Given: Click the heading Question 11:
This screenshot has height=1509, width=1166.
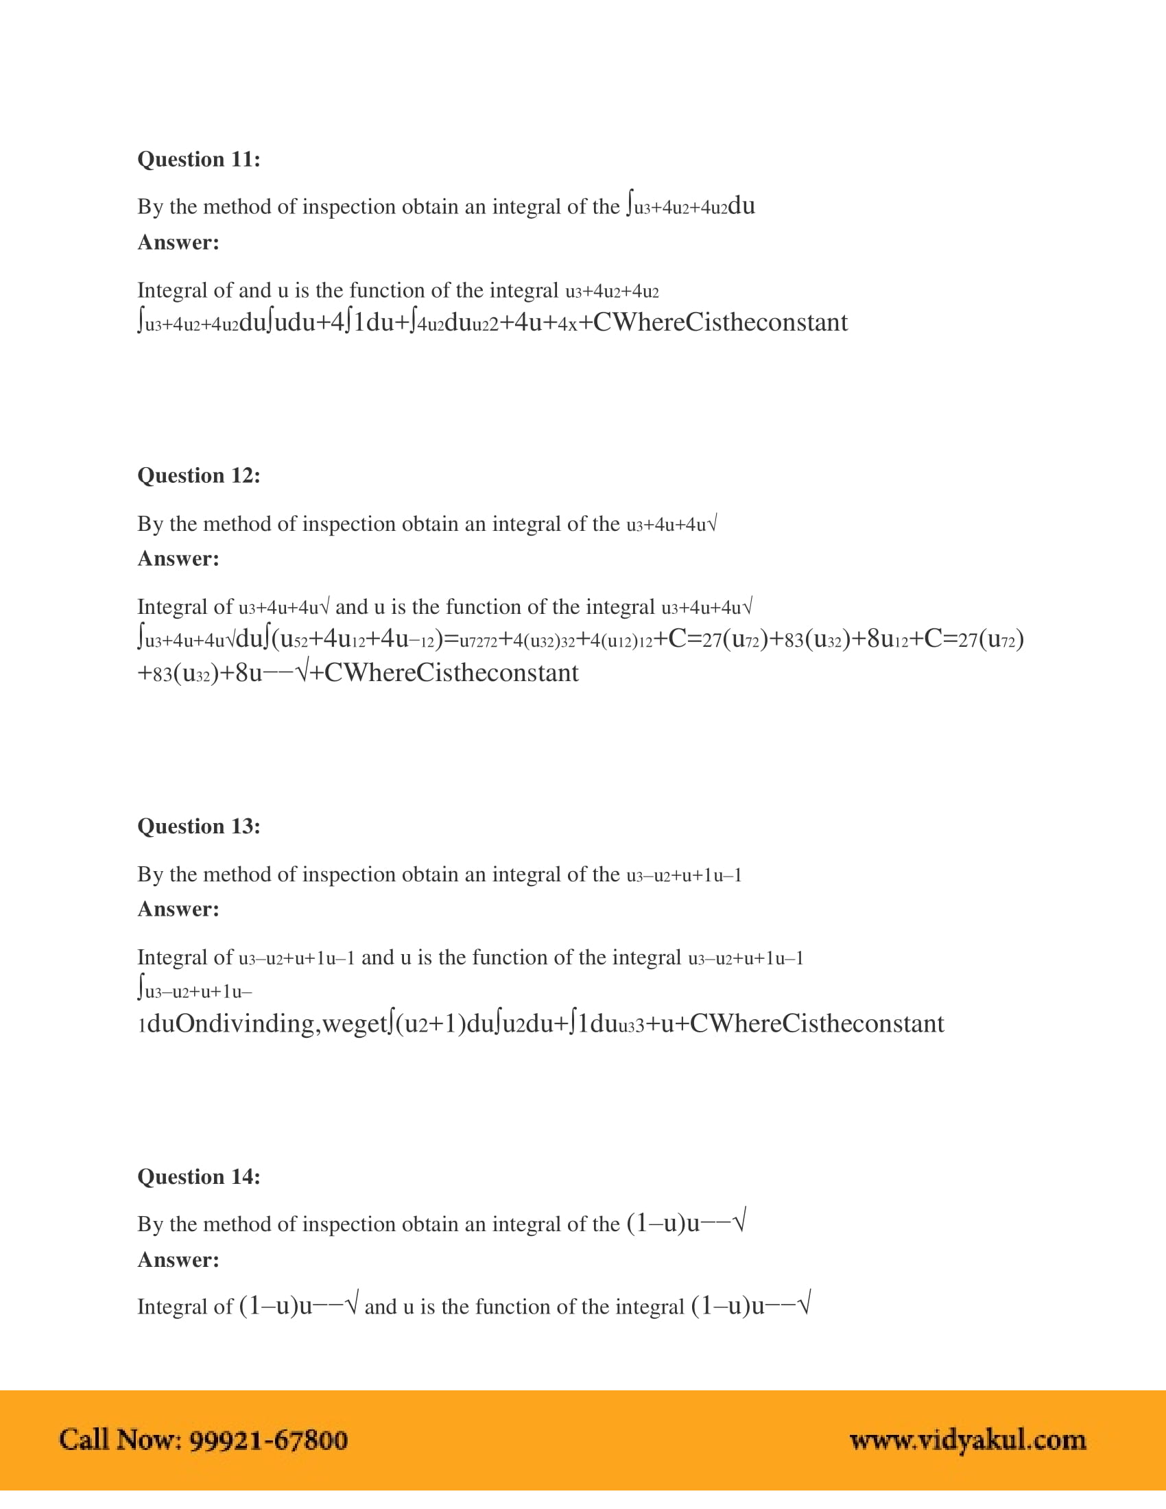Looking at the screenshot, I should pos(199,160).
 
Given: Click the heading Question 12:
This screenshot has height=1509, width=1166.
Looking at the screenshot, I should pos(199,475).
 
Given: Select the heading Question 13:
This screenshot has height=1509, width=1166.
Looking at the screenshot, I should pos(199,826).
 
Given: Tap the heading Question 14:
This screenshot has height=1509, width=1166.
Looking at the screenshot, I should pos(199,1176).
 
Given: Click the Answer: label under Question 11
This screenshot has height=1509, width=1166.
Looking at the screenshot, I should pos(178,243).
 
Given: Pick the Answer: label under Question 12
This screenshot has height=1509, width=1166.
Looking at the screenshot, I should pos(178,558).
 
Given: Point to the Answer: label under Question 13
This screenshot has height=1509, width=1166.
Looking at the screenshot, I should pos(178,909).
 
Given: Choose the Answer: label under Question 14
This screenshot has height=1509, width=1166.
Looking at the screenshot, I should pos(178,1259).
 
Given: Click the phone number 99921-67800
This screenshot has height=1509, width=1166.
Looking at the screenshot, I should pos(268,1440).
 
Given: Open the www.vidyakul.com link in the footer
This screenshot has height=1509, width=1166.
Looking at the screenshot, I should pos(968,1440).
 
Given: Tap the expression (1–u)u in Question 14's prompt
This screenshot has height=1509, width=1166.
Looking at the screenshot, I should pos(663,1224).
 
